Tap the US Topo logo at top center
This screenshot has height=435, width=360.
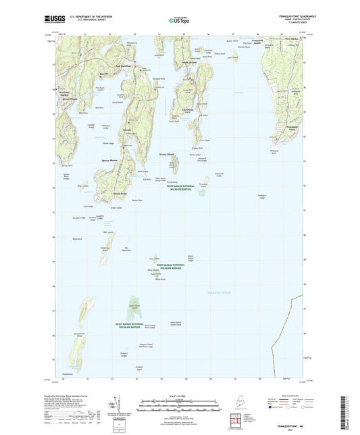(x=179, y=20)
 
